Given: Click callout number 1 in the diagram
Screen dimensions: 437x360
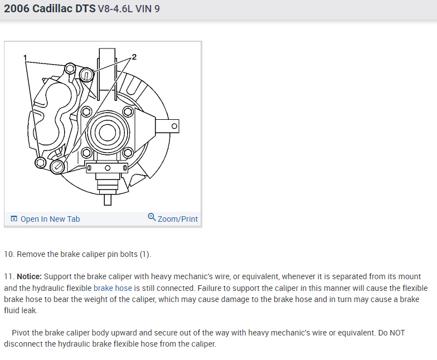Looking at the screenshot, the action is (25, 58).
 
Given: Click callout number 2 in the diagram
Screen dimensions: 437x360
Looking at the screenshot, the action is (134, 57).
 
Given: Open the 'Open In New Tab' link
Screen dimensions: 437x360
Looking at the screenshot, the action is (50, 219).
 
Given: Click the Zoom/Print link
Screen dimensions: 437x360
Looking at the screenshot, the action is (178, 219).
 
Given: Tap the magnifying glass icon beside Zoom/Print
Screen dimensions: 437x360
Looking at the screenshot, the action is (152, 217).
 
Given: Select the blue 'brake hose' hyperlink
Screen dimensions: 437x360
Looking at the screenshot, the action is (113, 288).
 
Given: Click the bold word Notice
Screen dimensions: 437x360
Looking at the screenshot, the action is (29, 276).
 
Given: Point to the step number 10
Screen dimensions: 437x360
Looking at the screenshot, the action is (9, 254).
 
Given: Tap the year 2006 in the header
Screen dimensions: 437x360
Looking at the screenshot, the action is (17, 9).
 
